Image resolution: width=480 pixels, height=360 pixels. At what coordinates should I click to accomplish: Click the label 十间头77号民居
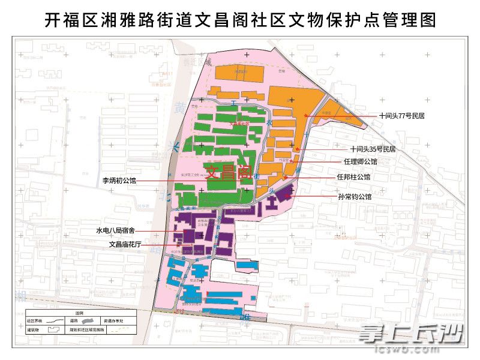click(x=401, y=116)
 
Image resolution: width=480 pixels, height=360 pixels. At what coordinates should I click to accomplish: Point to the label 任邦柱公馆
click(x=353, y=177)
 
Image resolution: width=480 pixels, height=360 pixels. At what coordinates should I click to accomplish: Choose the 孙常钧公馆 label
click(x=355, y=196)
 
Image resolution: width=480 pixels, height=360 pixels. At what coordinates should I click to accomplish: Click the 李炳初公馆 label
click(x=119, y=180)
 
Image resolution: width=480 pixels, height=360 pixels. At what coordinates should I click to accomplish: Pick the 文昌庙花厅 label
click(x=124, y=244)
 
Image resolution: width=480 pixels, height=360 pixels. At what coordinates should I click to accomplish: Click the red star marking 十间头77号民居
click(x=307, y=115)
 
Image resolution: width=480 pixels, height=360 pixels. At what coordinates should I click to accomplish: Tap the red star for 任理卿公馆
click(x=292, y=161)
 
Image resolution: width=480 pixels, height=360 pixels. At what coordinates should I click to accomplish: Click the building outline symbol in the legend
click(x=54, y=330)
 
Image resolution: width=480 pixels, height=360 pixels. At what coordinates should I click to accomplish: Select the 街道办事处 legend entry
click(x=114, y=321)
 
